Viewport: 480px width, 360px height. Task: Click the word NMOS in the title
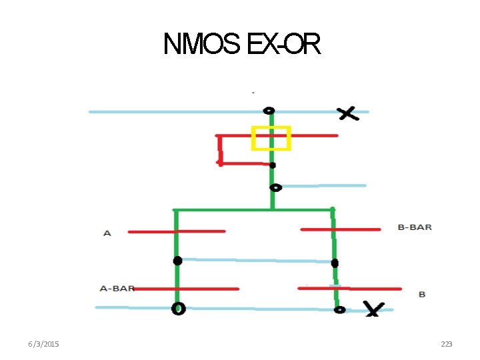click(x=203, y=45)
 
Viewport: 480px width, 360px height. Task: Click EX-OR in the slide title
click(x=283, y=45)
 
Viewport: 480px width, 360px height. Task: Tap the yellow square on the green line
click(x=271, y=137)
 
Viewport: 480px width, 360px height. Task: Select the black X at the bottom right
click(x=373, y=309)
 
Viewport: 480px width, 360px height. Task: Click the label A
click(x=107, y=233)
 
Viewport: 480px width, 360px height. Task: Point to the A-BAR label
click(x=117, y=289)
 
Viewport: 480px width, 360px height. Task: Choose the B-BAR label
click(x=415, y=227)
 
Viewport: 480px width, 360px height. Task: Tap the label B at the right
click(x=422, y=294)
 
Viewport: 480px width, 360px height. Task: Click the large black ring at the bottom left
click(x=178, y=308)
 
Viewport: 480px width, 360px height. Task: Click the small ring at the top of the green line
click(x=269, y=110)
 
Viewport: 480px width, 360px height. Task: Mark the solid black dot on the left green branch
click(x=177, y=260)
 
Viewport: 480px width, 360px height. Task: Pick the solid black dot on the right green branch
click(x=335, y=263)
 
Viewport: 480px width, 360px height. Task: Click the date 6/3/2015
click(x=43, y=344)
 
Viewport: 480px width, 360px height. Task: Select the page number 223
click(x=447, y=344)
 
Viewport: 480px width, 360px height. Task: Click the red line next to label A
click(x=177, y=231)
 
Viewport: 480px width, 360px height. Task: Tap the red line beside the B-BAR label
click(x=340, y=229)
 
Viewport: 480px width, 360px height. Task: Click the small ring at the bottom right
click(x=339, y=309)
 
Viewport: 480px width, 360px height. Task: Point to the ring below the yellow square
click(x=275, y=187)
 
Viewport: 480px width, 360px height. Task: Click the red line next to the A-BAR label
click(x=187, y=289)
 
